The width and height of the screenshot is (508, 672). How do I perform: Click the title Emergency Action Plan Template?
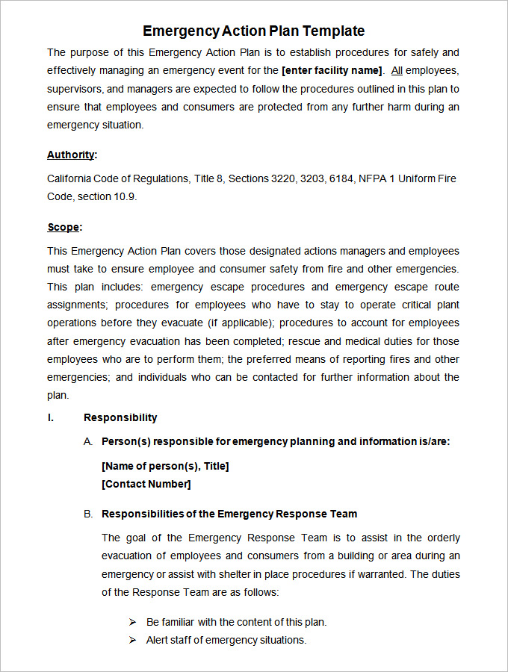click(254, 31)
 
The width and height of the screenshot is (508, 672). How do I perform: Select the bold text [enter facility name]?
click(332, 71)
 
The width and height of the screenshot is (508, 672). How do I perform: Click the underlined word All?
click(397, 71)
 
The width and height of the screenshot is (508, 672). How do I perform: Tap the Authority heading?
click(71, 155)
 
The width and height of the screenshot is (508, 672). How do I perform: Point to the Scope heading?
click(63, 227)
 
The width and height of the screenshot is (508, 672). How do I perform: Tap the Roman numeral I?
click(51, 417)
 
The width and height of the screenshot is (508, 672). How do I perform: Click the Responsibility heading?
click(120, 417)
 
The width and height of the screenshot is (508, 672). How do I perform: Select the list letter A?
click(88, 441)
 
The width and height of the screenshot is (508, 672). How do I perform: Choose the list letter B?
click(88, 514)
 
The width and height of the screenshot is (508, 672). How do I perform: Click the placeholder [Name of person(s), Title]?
click(165, 466)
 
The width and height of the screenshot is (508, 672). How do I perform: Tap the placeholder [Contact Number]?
click(146, 484)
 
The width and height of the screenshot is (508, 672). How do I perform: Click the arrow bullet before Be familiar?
click(132, 622)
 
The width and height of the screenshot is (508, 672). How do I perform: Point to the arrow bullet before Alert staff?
click(132, 640)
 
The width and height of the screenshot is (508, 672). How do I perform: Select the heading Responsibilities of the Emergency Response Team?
click(229, 514)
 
